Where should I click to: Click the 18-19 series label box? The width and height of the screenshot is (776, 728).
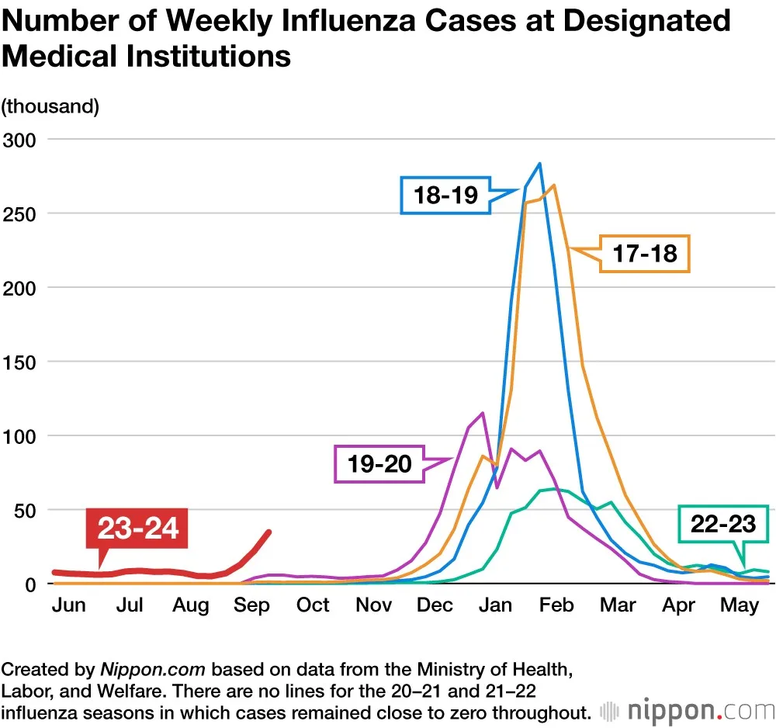(x=446, y=195)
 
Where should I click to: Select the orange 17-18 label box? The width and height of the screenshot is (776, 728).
(x=644, y=253)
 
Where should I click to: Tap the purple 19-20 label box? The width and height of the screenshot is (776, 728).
(x=380, y=464)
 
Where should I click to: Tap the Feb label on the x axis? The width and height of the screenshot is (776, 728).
(x=556, y=605)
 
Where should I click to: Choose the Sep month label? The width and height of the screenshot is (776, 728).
(x=251, y=605)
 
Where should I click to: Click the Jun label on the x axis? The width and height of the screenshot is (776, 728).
(x=68, y=605)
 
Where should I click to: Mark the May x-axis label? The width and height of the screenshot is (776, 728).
(x=739, y=605)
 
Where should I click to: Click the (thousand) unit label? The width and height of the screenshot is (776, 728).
(x=50, y=106)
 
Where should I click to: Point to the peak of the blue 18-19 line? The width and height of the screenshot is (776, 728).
(x=539, y=164)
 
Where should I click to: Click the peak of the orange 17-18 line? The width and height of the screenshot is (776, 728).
(x=554, y=185)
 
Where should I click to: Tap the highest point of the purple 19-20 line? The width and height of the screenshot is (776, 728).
(x=483, y=413)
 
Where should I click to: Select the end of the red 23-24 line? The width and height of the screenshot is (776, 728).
(x=269, y=532)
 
